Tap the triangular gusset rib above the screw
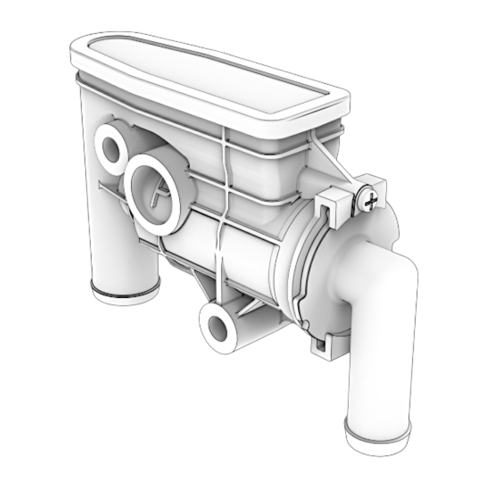[329, 159]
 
